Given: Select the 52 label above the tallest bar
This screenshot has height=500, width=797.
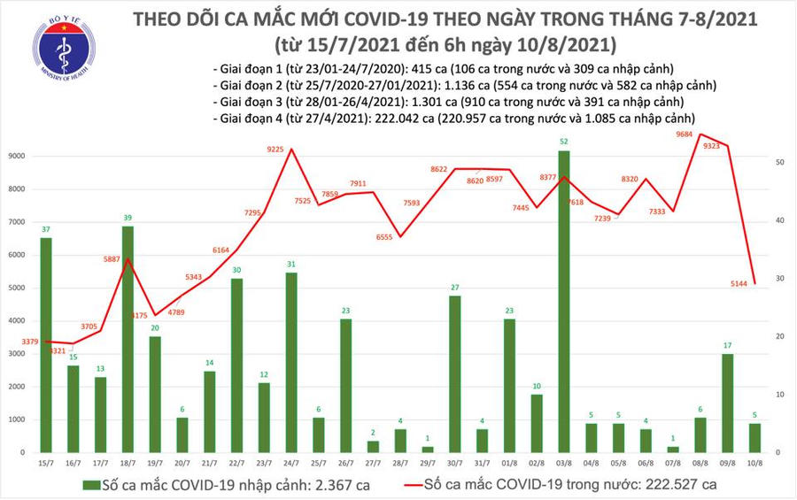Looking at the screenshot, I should coord(565,142).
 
